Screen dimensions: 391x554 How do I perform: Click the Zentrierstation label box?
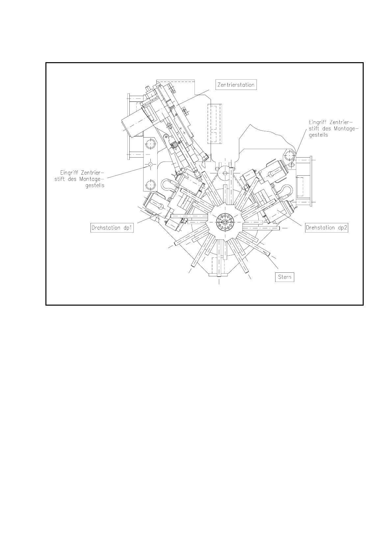[x=236, y=85]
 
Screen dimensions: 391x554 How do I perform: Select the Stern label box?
[x=284, y=277]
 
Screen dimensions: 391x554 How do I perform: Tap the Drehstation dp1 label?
[x=112, y=228]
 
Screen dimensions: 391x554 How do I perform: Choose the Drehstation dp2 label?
[x=326, y=228]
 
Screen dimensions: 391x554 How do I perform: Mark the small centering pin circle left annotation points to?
[x=150, y=164]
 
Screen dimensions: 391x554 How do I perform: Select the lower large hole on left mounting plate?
[x=151, y=185]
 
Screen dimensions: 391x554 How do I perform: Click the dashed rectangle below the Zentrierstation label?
[x=215, y=124]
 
